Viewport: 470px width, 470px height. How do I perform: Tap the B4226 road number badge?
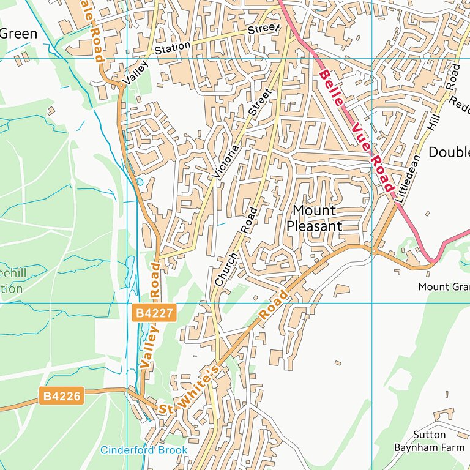[x=61, y=397]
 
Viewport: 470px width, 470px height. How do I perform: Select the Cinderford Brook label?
[x=144, y=450]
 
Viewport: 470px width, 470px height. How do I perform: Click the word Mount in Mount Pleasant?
[x=314, y=211]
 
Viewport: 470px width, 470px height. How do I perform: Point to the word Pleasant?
[x=314, y=226]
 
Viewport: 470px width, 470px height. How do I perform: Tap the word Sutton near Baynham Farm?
[x=428, y=435]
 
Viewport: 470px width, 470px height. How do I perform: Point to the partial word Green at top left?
[x=18, y=34]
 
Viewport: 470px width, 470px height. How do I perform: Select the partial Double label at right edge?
[x=449, y=152]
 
